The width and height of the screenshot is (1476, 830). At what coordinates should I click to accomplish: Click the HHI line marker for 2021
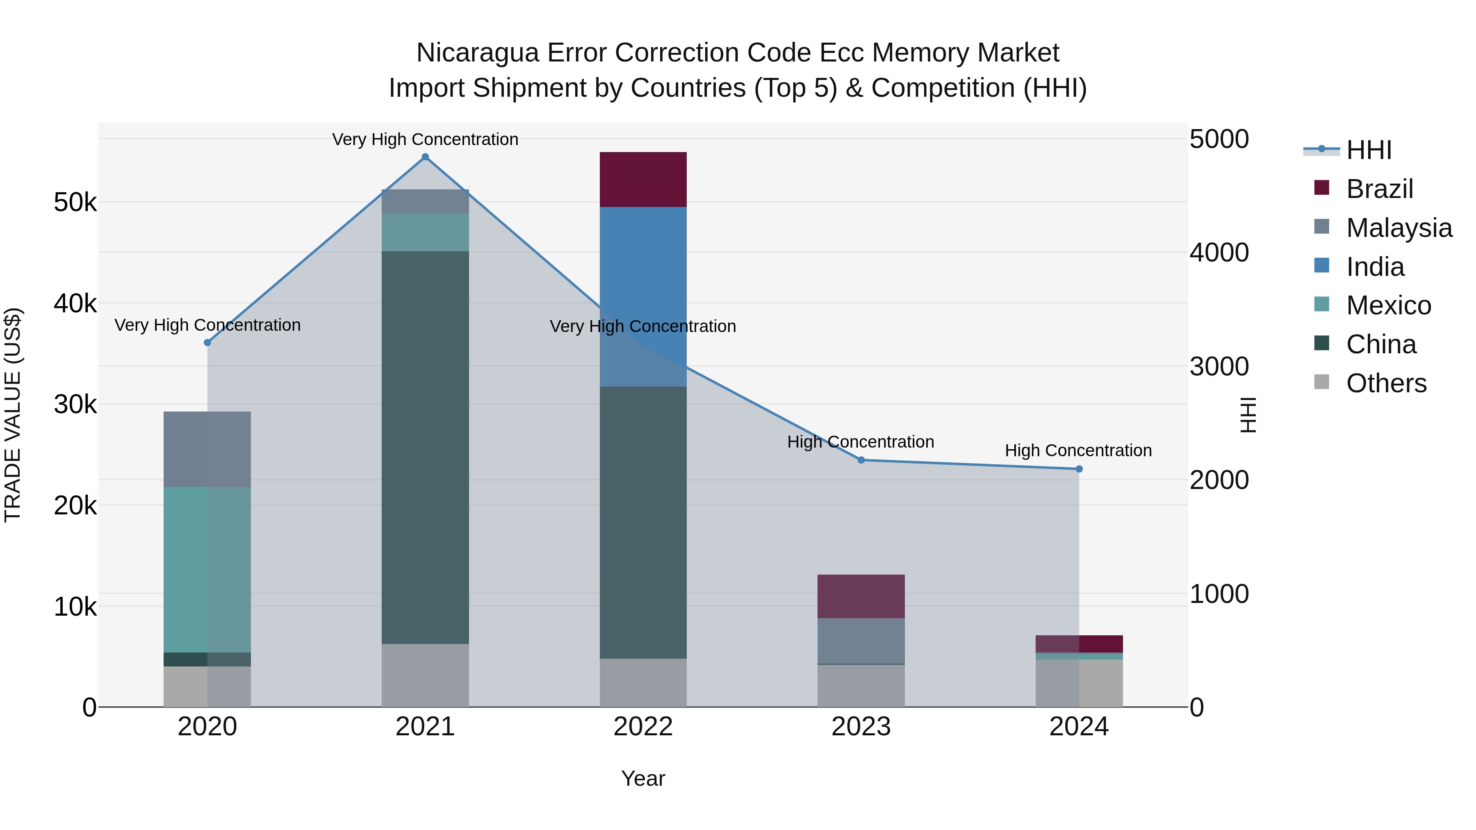(x=425, y=157)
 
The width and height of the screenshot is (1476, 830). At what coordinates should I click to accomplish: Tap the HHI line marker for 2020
(x=207, y=343)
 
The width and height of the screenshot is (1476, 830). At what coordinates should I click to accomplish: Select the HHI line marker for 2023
(x=861, y=460)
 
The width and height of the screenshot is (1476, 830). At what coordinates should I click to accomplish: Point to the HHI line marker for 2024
(x=1079, y=469)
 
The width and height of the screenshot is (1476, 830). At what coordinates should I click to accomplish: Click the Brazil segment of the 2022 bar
(x=643, y=179)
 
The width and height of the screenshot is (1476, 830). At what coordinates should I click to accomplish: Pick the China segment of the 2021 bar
(x=425, y=447)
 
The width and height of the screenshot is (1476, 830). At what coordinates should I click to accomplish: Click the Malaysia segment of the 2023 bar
(x=861, y=640)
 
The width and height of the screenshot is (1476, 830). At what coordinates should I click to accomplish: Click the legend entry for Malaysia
(x=1399, y=228)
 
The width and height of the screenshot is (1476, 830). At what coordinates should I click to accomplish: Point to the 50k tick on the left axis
(x=75, y=202)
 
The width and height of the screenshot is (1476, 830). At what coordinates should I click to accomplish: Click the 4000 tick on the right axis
(x=1219, y=252)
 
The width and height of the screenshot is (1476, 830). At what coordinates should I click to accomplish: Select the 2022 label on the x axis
(x=643, y=727)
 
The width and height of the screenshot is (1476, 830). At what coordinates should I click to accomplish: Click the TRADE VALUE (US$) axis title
(x=13, y=415)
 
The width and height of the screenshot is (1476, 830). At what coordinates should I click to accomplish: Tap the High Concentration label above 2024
(x=1078, y=451)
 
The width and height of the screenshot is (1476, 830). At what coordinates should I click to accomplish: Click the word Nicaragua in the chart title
(x=477, y=53)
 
